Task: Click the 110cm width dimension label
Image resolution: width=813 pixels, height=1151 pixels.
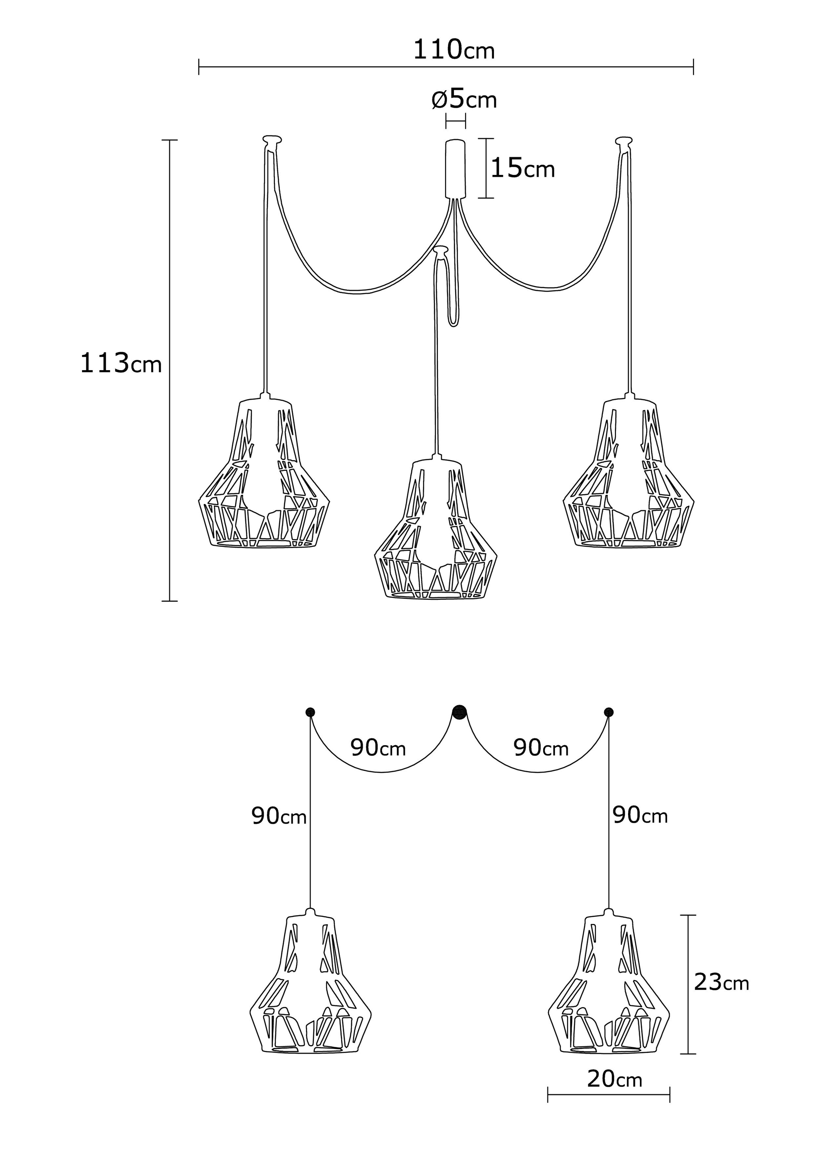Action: click(454, 50)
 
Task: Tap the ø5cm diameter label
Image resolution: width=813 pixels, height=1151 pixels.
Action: click(464, 99)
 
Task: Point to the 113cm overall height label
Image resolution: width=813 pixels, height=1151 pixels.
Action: click(121, 363)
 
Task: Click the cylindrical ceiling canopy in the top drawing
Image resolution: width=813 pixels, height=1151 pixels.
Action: click(455, 168)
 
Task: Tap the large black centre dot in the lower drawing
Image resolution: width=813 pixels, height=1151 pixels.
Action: click(459, 712)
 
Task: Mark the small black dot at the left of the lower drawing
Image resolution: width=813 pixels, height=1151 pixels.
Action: click(310, 712)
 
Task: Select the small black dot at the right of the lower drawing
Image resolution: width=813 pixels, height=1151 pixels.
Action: click(609, 712)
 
